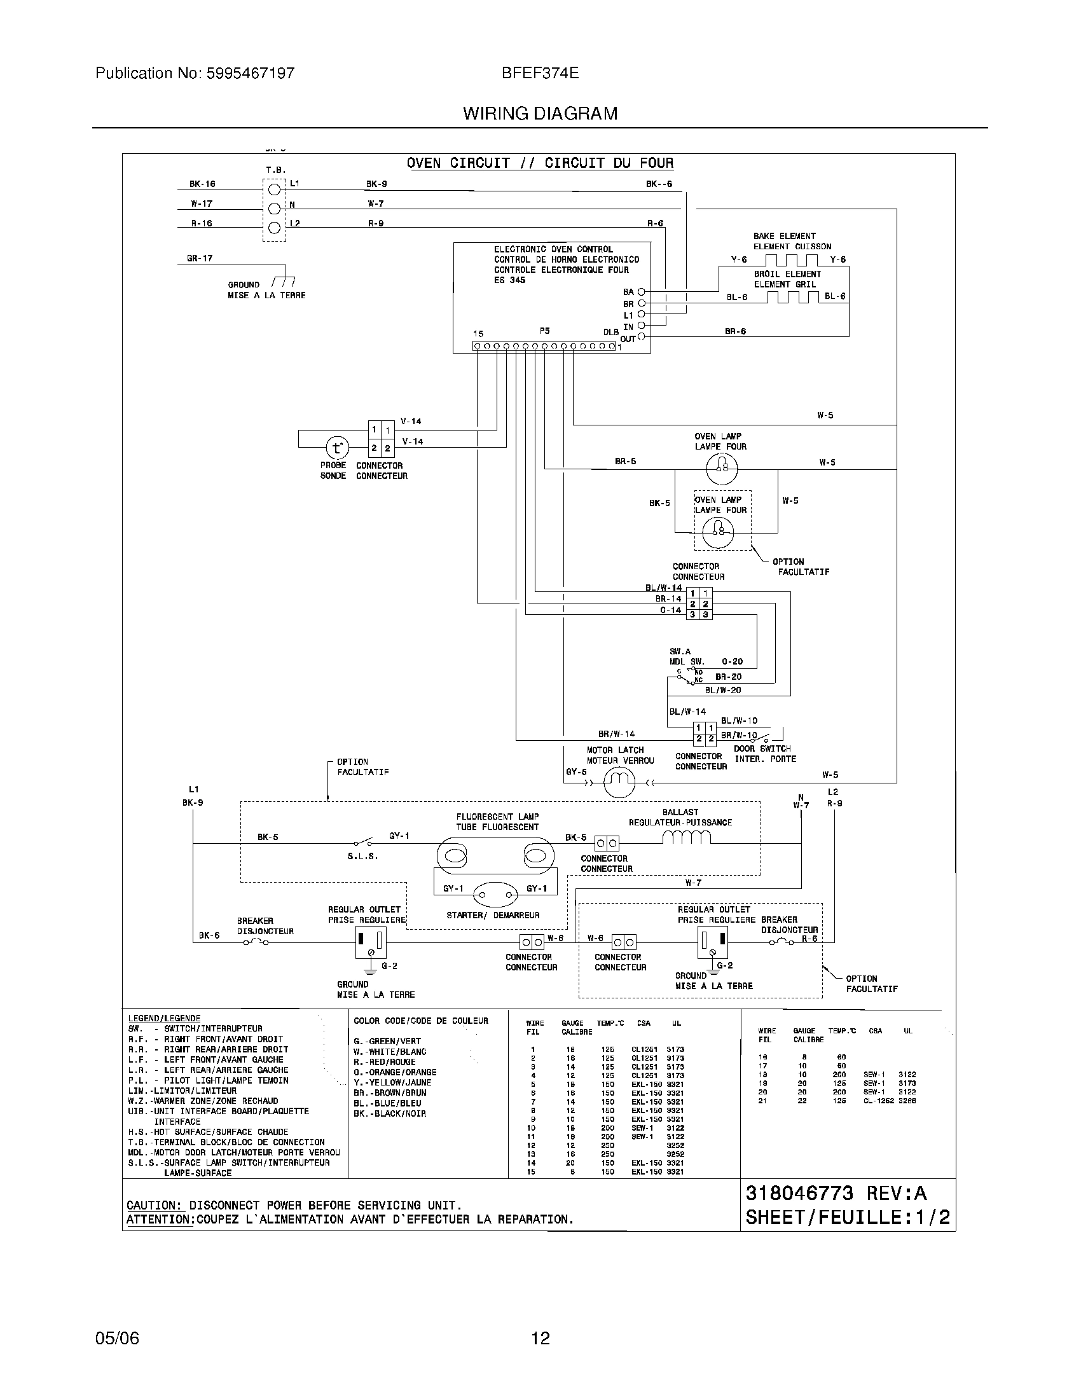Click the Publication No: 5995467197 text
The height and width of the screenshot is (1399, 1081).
195,73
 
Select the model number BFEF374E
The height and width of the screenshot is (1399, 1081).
540,73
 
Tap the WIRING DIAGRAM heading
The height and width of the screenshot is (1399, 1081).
540,113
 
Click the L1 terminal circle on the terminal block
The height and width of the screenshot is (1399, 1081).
274,190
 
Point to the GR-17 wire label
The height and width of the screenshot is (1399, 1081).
200,258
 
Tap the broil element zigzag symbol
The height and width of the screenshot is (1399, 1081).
792,296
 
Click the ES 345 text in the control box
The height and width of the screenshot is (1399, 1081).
510,280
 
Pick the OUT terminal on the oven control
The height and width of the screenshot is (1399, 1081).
642,337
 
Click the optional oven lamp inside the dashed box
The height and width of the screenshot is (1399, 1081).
718,530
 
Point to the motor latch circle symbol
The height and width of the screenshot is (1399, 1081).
619,782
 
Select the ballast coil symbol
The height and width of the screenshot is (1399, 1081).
687,837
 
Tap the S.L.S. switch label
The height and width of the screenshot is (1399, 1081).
362,857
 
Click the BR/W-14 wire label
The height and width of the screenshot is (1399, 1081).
616,734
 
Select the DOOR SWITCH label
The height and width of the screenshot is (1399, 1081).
762,748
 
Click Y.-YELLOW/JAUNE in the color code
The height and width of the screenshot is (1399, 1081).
392,1082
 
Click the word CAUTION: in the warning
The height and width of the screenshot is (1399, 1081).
153,1205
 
